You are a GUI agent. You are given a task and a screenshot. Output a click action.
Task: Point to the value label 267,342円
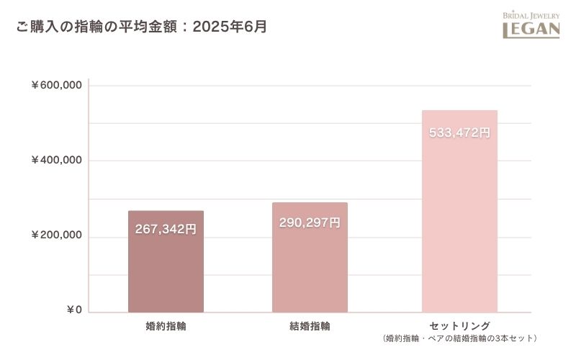click(x=166, y=229)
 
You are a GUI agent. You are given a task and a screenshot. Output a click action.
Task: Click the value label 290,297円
click(x=310, y=222)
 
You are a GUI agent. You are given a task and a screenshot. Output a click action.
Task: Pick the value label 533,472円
click(x=459, y=132)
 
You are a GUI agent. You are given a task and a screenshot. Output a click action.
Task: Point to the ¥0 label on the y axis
click(x=74, y=310)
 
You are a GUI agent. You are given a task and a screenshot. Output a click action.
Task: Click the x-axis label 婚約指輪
click(x=166, y=325)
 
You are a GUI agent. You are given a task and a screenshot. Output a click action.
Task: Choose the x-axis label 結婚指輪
click(x=310, y=325)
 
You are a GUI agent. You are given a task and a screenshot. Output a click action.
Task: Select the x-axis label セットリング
click(x=459, y=325)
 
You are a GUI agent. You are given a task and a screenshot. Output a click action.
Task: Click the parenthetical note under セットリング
click(x=459, y=338)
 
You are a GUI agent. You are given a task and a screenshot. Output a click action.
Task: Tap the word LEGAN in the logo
click(x=531, y=30)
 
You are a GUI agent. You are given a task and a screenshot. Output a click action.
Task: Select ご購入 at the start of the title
click(x=35, y=27)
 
